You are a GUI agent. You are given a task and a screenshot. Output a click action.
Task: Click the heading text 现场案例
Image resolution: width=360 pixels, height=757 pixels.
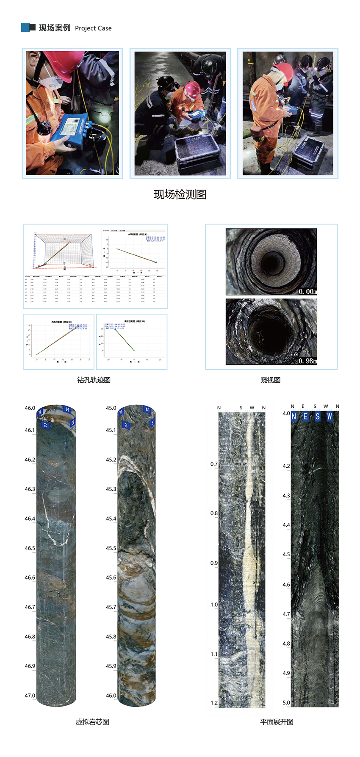[55, 28]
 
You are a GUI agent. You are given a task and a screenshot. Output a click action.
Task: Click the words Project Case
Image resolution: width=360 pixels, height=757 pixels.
[93, 28]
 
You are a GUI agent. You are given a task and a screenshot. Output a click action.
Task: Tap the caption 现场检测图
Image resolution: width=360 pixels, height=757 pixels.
[180, 194]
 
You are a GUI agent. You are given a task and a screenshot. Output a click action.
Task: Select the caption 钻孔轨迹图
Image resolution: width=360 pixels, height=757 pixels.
[94, 380]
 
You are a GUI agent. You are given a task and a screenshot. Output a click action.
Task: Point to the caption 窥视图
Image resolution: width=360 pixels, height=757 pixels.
[270, 380]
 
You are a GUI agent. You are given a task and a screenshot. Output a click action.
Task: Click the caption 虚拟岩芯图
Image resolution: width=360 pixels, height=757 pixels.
[92, 721]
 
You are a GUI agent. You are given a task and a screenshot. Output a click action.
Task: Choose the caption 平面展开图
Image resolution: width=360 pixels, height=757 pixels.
[277, 721]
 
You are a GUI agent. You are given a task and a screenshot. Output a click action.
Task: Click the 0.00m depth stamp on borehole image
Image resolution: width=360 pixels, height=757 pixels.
[307, 291]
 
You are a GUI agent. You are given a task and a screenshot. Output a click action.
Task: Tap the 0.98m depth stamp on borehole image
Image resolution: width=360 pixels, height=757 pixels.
[307, 361]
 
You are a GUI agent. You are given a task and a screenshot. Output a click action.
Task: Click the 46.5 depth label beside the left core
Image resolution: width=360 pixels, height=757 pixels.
[30, 548]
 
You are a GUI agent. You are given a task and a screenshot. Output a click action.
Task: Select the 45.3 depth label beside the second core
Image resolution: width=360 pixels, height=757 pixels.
[111, 489]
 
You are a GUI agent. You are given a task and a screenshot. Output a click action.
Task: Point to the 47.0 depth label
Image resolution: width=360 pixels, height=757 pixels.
[30, 695]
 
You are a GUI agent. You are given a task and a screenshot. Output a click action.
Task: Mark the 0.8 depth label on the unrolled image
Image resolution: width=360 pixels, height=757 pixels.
[214, 513]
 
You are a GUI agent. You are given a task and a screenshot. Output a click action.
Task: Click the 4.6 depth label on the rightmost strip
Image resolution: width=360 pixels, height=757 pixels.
[286, 585]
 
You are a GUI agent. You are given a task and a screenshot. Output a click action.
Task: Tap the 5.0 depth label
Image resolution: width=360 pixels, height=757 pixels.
[286, 702]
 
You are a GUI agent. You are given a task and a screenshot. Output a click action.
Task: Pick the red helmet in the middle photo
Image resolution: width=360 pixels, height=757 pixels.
[192, 89]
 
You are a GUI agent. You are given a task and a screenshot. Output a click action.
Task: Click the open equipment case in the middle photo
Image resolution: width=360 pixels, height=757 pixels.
[197, 150]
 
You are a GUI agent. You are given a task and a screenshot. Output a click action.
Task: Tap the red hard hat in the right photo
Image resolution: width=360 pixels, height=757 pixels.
[284, 71]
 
